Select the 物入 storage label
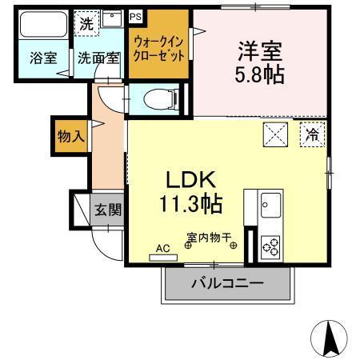pyautogui.click(x=70, y=136)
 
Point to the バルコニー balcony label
pyautogui.click(x=227, y=283)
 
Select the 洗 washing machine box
pyautogui.click(x=86, y=23)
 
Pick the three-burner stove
pyautogui.click(x=270, y=246)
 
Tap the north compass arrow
pyautogui.click(x=331, y=338)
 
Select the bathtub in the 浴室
pyautogui.click(x=43, y=26)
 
